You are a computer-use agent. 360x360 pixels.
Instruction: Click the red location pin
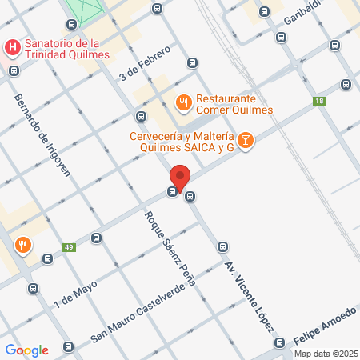click(180, 178)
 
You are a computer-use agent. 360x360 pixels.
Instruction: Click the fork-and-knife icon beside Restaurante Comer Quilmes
click(182, 101)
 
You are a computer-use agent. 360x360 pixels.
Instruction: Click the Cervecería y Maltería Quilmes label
click(182, 141)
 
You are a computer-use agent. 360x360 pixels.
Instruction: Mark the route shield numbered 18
click(320, 101)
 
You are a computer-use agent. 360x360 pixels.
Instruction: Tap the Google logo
click(26, 350)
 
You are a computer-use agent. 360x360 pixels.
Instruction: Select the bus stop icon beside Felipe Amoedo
click(280, 342)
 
